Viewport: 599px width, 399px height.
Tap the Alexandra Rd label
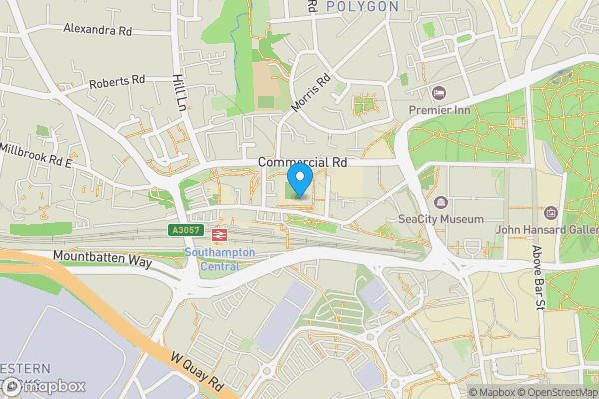98,31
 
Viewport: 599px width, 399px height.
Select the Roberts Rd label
117,81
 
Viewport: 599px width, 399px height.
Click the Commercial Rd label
301,162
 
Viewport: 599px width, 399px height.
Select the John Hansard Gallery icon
550,213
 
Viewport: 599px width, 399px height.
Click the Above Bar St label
536,279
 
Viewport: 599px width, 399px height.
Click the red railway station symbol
219,235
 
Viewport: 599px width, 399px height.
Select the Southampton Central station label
220,259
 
